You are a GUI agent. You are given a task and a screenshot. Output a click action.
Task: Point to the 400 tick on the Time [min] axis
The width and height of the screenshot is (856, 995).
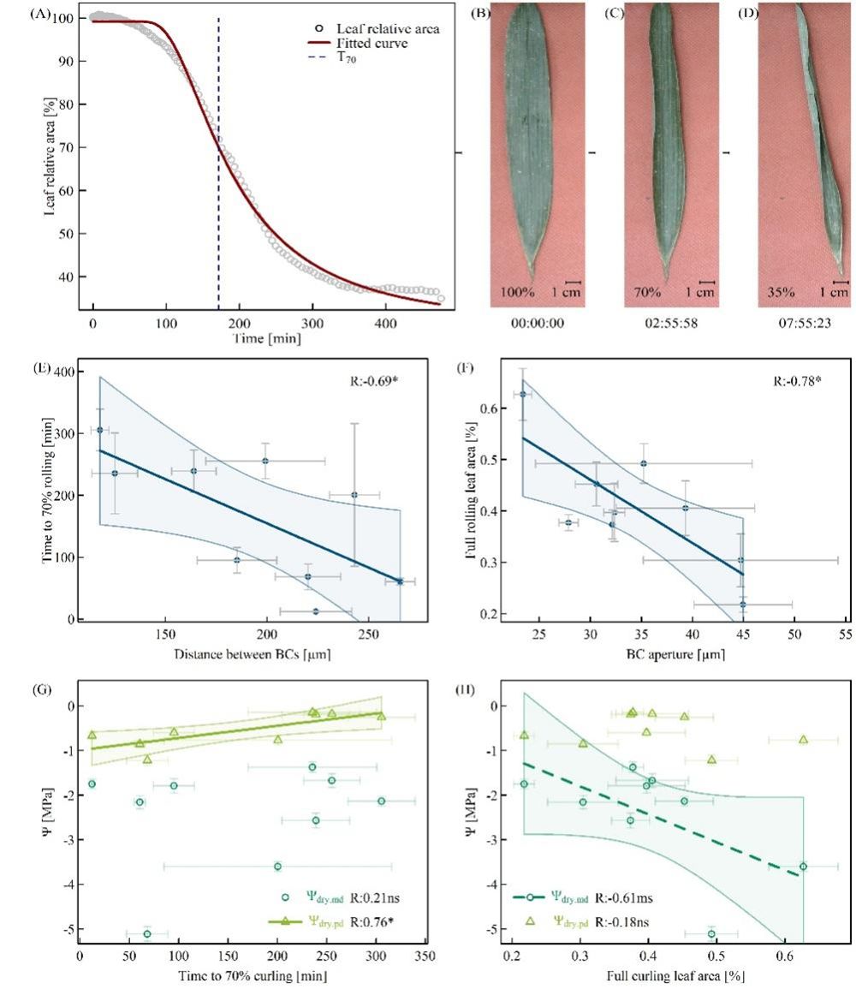coord(386,326)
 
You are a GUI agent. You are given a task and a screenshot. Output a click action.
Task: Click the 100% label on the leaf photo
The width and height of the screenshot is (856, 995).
coord(519,292)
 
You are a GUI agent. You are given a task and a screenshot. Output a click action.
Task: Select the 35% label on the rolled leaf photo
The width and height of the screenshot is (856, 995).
coord(782,292)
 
